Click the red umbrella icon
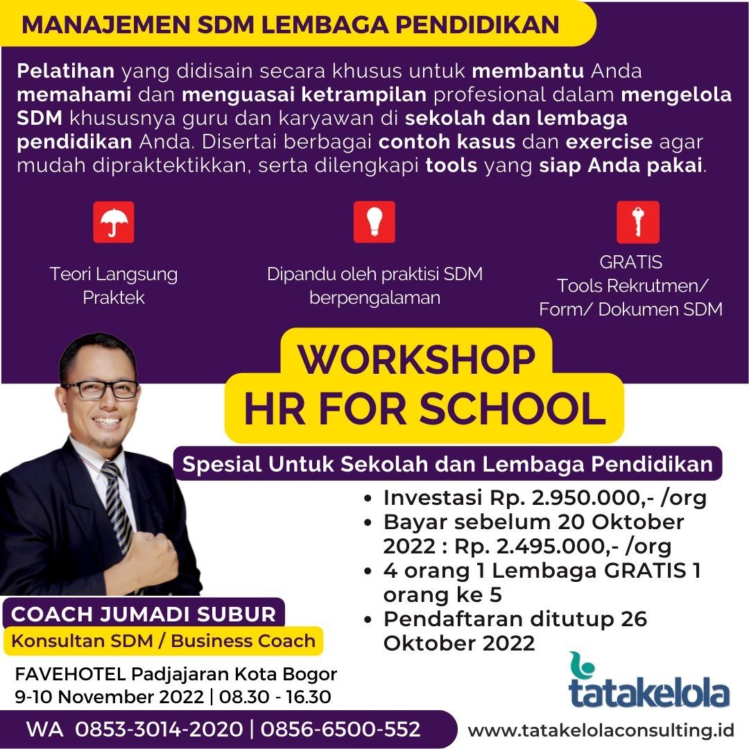[x=114, y=222]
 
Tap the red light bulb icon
[x=374, y=222]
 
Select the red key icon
[x=638, y=222]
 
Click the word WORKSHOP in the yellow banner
[x=417, y=359]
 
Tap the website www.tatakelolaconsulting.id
[x=601, y=731]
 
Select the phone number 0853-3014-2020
[x=159, y=730]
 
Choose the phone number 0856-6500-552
[x=341, y=730]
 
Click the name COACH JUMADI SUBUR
[x=144, y=614]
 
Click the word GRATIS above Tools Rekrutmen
[x=630, y=261]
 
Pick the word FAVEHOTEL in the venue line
[x=70, y=674]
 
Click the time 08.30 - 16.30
[x=275, y=697]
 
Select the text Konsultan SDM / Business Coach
[x=164, y=641]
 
